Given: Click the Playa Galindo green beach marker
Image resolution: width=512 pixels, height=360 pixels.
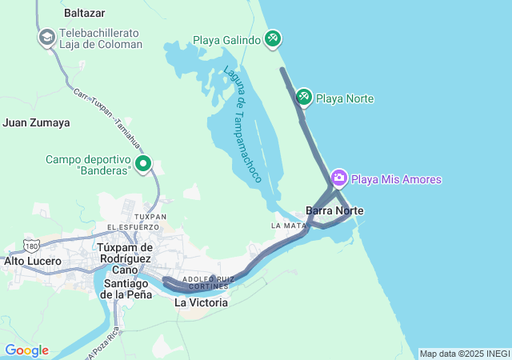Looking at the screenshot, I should tap(273, 38).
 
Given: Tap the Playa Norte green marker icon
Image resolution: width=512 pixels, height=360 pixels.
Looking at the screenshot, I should tap(304, 98).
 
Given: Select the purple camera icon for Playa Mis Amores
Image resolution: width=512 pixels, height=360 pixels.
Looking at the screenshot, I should tap(339, 178).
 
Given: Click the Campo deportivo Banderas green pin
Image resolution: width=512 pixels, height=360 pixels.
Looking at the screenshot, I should tap(144, 164).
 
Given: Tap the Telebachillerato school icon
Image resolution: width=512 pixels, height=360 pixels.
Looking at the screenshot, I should tap(46, 38).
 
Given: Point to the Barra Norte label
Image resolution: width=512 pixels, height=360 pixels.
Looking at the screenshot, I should tap(334, 210).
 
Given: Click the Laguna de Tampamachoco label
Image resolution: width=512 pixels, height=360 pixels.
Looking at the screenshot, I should tap(243, 123).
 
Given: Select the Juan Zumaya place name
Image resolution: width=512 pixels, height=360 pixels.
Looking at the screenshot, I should tap(37, 123).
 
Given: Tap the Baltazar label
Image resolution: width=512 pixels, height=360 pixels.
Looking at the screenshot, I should tap(85, 14).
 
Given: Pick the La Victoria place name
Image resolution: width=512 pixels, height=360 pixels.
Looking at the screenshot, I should tap(201, 303).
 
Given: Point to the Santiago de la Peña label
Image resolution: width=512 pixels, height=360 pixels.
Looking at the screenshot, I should tap(125, 289).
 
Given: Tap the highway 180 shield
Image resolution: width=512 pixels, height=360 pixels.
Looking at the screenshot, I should tap(31, 243).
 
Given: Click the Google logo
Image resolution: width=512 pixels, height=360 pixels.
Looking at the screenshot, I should tap(26, 350).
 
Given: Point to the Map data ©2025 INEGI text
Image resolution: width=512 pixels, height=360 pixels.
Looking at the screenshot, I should tap(464, 354).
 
